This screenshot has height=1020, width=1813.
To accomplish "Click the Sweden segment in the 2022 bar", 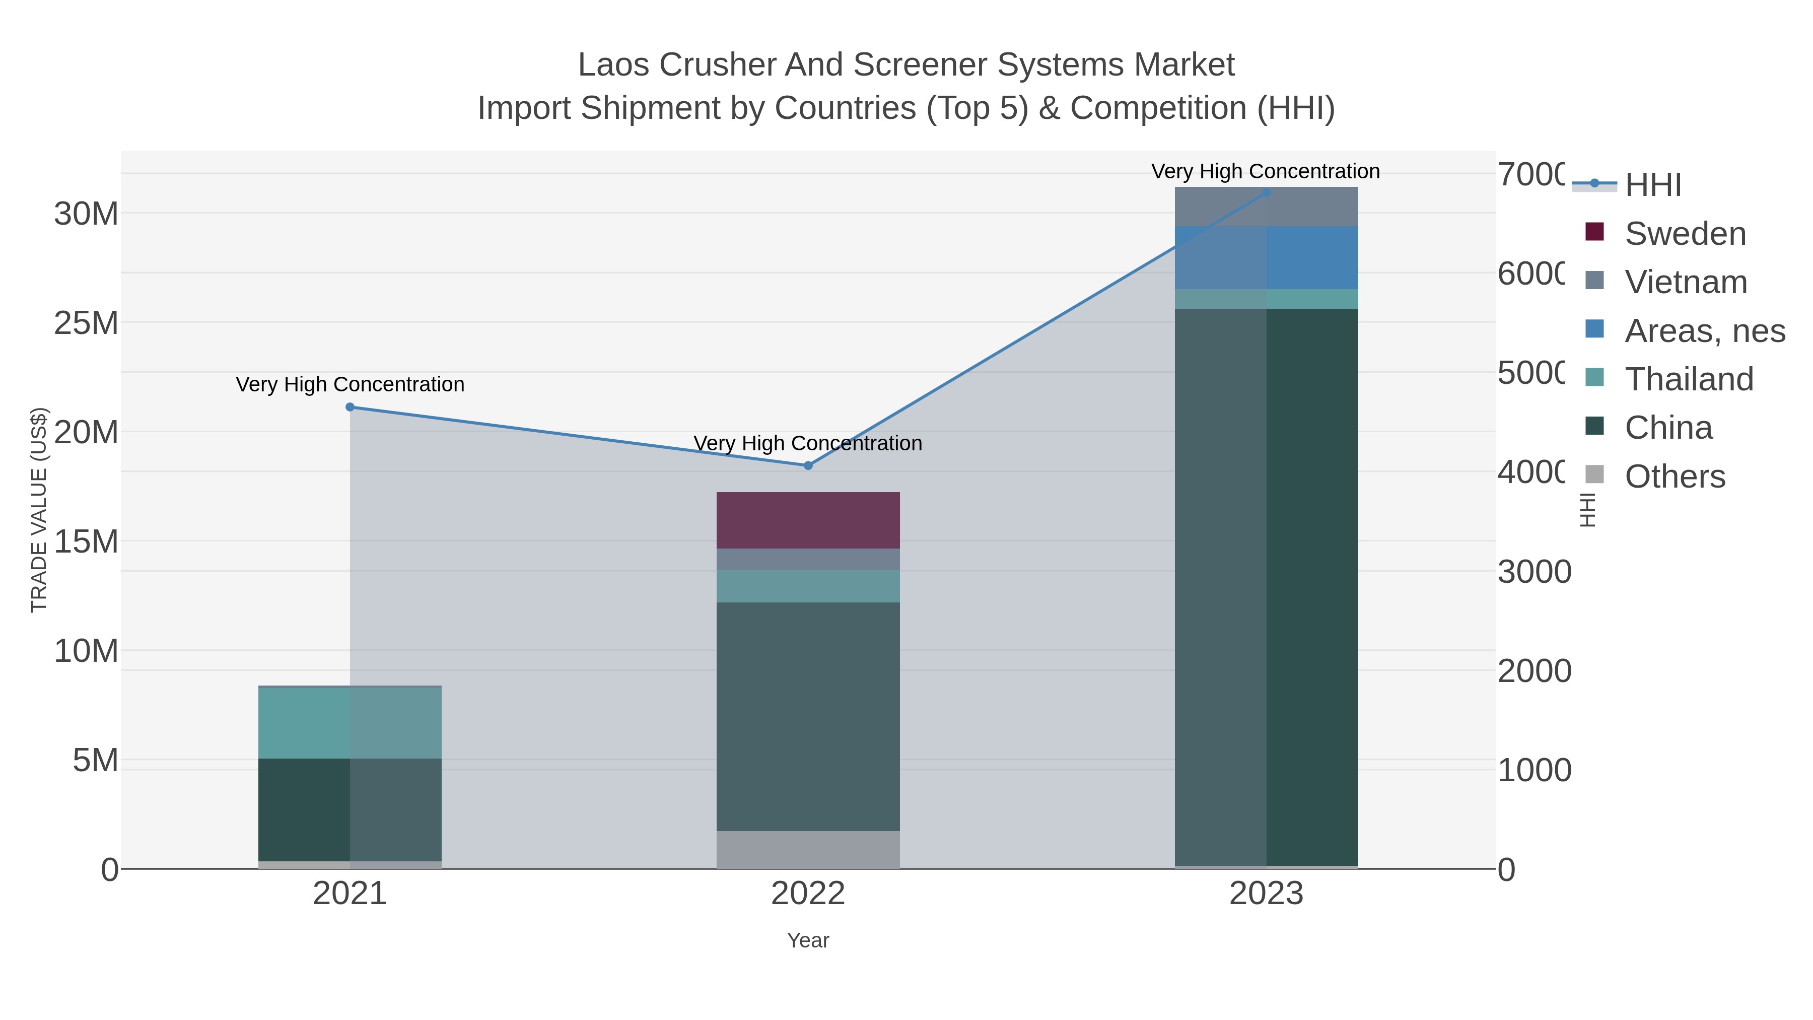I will point(807,520).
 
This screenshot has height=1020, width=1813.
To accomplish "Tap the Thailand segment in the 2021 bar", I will point(350,723).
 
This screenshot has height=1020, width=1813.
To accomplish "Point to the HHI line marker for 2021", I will point(350,407).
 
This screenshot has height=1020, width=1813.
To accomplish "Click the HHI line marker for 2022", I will point(807,465).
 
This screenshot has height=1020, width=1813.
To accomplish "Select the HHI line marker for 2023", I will point(1266,192).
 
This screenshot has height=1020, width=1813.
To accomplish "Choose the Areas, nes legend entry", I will point(1704,331).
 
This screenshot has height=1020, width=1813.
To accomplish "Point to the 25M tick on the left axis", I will point(86,323).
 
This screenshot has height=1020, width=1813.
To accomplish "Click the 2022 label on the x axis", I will point(807,894).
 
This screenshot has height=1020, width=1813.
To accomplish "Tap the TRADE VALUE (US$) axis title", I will point(39,510).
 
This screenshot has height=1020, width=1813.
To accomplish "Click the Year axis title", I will point(807,940).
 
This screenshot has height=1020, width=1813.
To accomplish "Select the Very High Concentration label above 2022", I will point(807,443).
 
